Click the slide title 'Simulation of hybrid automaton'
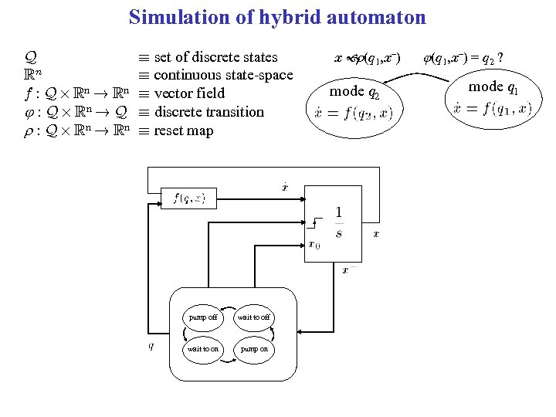(277, 17)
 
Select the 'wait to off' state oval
(253, 317)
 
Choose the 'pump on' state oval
(253, 349)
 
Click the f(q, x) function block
(189, 198)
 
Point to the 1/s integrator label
(338, 222)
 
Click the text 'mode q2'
(354, 92)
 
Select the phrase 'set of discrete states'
(215, 56)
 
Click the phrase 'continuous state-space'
(223, 75)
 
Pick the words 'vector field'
(189, 93)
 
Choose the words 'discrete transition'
(208, 112)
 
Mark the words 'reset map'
(184, 131)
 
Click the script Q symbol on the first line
(31, 57)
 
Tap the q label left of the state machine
(151, 345)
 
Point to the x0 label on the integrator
(314, 245)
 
